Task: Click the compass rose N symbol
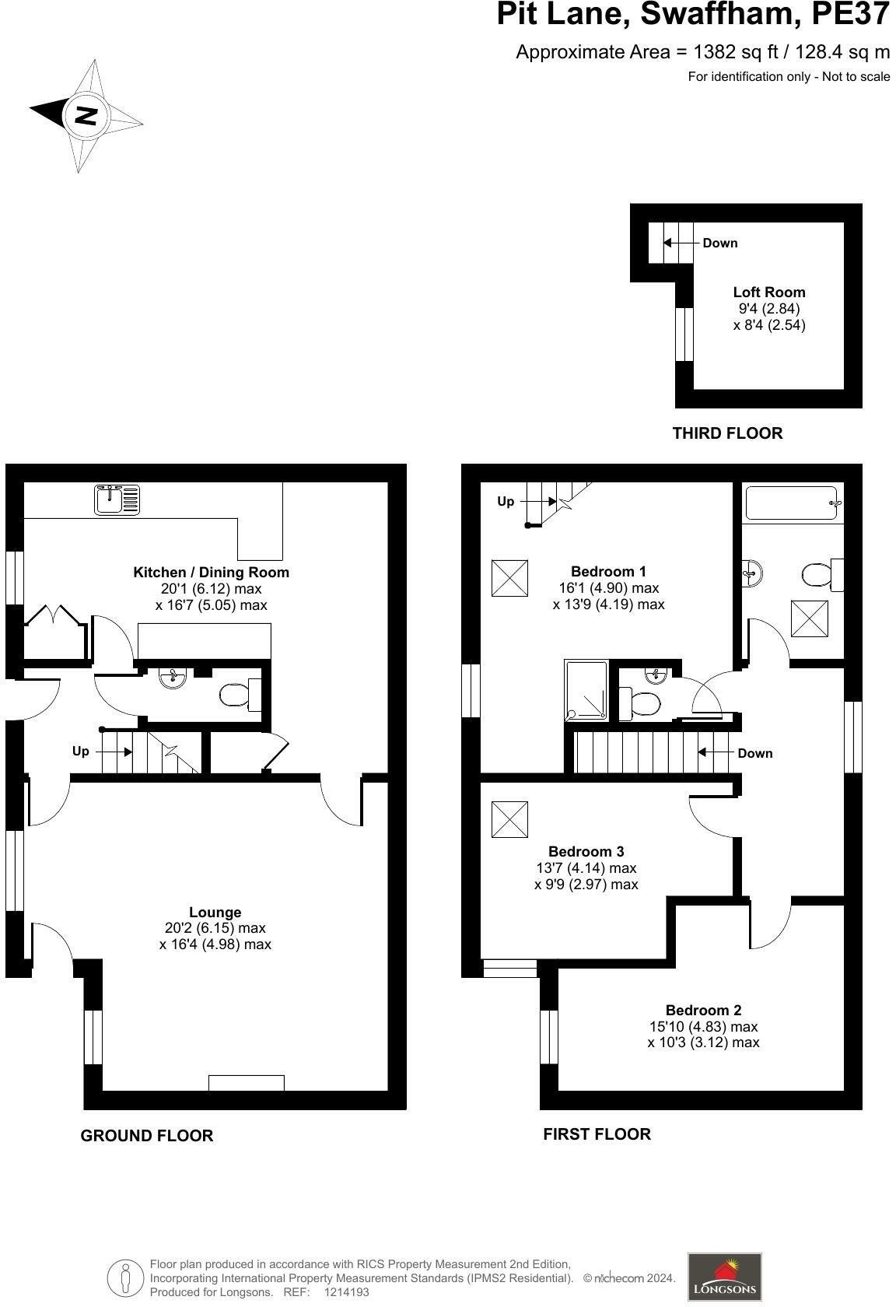click(86, 116)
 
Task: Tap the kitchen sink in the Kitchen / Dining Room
click(117, 499)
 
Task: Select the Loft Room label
click(768, 293)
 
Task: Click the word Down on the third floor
click(719, 243)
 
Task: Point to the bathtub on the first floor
click(792, 503)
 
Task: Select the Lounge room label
click(215, 912)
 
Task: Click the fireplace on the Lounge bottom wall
click(247, 1082)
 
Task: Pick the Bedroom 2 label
click(703, 1010)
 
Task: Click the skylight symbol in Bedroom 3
click(509, 819)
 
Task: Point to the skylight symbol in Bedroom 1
click(509, 578)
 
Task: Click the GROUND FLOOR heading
click(147, 1135)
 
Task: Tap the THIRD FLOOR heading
click(727, 433)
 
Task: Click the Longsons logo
click(724, 1276)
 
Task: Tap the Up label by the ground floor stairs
click(81, 751)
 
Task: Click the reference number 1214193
click(346, 1292)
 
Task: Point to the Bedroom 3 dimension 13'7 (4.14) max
click(586, 867)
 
